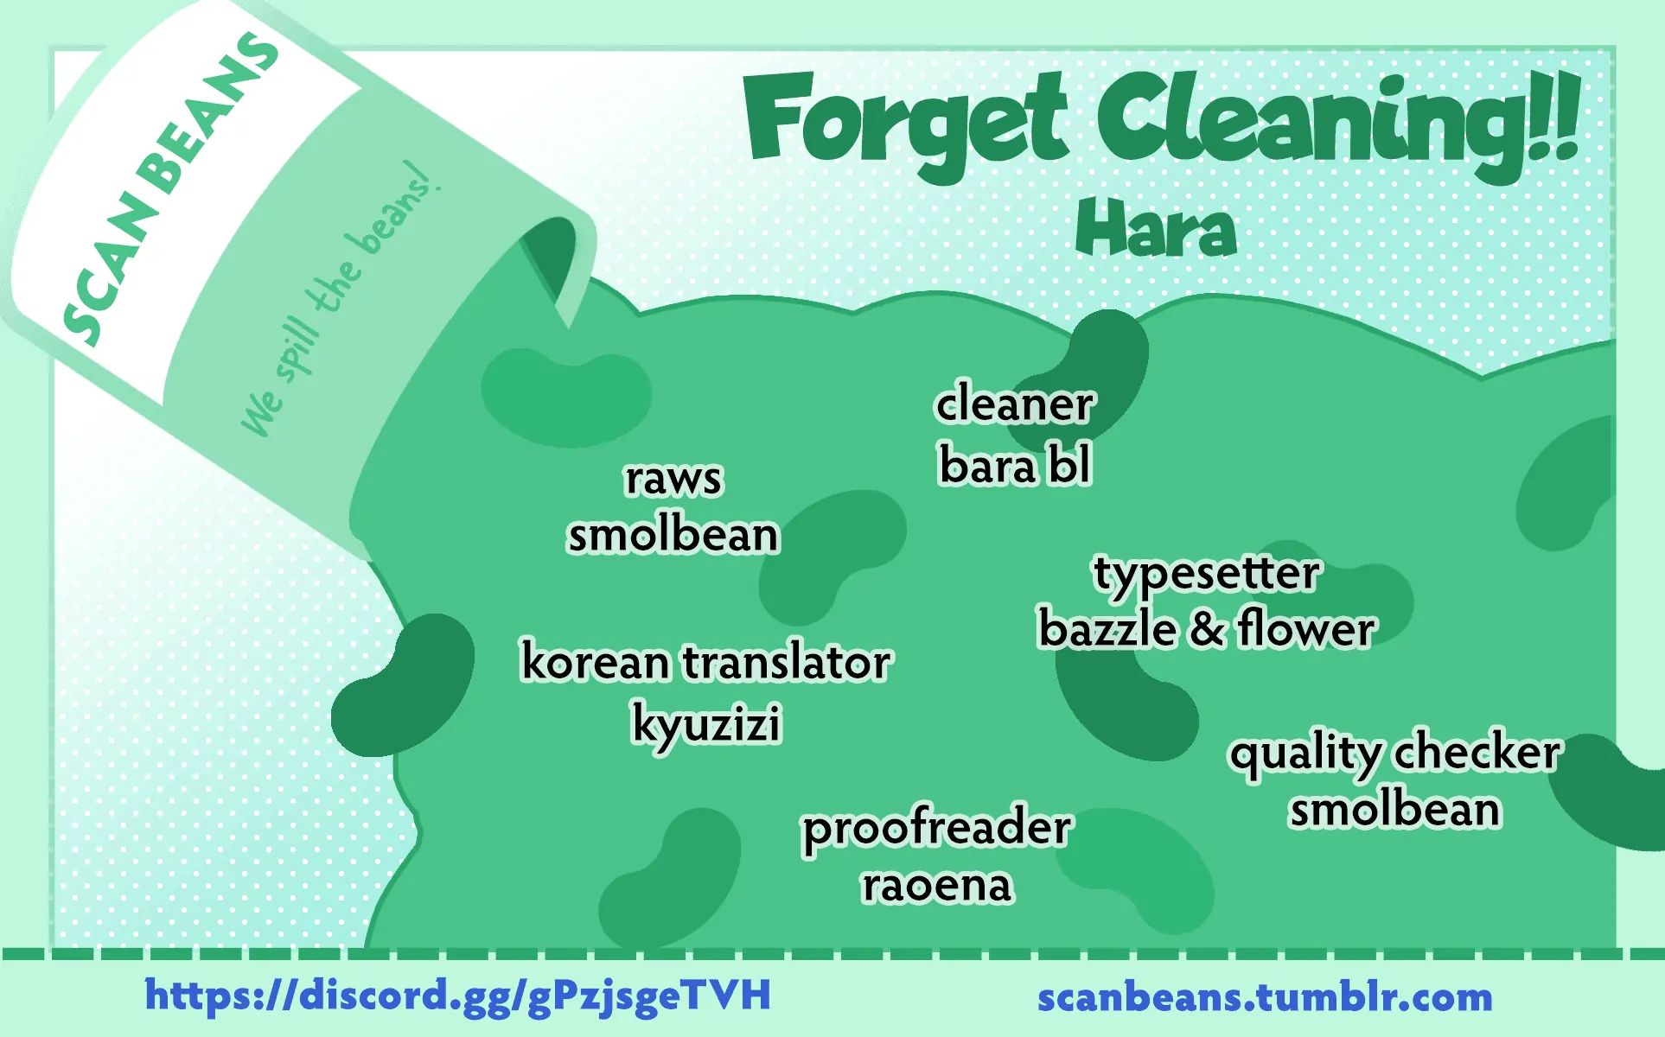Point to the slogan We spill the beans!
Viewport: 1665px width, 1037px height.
[x=341, y=298]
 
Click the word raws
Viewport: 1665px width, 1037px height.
[x=673, y=479]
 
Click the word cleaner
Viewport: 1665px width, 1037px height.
[x=1015, y=404]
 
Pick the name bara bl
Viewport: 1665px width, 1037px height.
[x=1015, y=465]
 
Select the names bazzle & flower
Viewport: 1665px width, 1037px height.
[x=1207, y=628]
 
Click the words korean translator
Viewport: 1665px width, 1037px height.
[x=705, y=663]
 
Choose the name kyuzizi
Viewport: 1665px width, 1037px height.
[x=706, y=724]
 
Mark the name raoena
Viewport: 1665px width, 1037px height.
[x=937, y=885]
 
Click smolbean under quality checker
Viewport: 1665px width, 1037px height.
[x=1395, y=810]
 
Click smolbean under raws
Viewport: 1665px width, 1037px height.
[x=673, y=535]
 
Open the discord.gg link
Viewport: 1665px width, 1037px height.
[x=458, y=995]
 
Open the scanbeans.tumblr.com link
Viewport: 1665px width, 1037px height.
[x=1265, y=997]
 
